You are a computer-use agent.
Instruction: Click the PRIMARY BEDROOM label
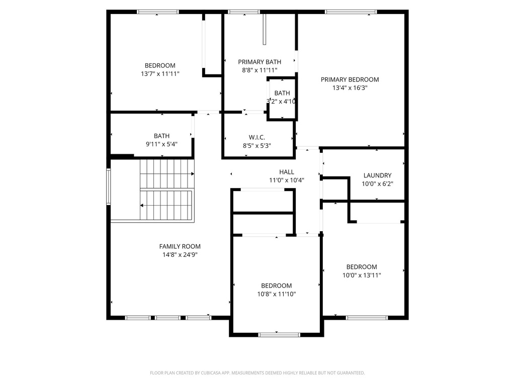pos(350,79)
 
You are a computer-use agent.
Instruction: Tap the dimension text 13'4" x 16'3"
pos(350,87)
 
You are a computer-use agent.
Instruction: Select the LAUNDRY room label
pos(377,175)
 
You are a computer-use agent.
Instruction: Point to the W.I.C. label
pos(256,137)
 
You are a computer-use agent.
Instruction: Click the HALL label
pos(287,172)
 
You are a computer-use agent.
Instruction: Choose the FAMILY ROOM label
pos(180,246)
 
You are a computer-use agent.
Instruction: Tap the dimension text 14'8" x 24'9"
pos(180,254)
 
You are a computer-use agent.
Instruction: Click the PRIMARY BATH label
pos(260,62)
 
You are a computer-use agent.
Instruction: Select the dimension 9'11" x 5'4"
pos(161,144)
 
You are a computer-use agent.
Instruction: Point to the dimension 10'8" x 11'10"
pos(276,294)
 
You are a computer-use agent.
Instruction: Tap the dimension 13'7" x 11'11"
pos(160,73)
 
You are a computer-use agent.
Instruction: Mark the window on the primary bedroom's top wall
pos(351,12)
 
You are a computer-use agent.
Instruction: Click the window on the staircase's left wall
pos(108,186)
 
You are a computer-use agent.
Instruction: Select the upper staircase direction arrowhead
pos(192,174)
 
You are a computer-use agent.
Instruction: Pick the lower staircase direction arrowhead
pos(142,206)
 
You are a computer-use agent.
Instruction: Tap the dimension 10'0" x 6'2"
pos(377,183)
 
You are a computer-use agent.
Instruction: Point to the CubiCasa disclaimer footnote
pos(257,373)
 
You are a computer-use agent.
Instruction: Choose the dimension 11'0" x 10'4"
pos(287,180)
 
